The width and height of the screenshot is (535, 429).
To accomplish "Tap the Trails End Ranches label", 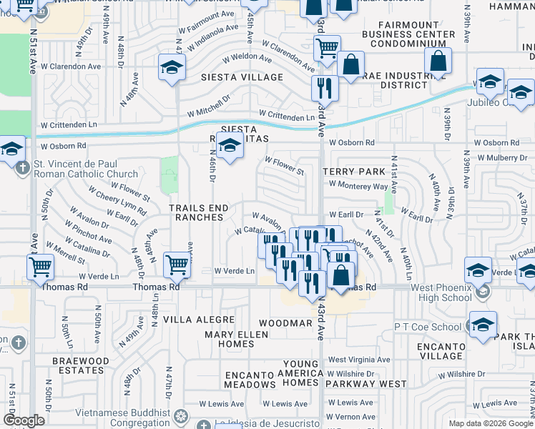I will (199, 213).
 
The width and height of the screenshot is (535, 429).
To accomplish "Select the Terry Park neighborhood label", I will (348, 172).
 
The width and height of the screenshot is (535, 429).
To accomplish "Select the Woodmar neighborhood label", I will (285, 323).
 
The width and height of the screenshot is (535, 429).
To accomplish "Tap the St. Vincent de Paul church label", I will (86, 169).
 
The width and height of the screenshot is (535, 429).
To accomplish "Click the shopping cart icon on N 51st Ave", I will (41, 267).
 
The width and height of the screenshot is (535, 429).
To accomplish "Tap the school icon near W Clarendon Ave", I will (172, 68).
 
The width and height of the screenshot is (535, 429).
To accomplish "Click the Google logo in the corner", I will (23, 420).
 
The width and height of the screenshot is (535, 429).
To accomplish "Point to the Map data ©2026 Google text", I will (490, 423).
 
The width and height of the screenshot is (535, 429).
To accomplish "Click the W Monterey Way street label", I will (358, 186).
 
